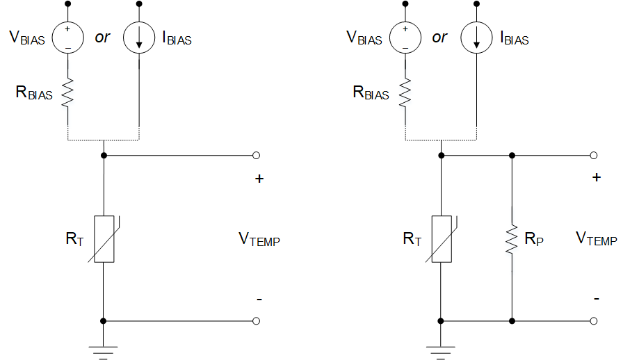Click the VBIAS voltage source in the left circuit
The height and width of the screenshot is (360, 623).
68,38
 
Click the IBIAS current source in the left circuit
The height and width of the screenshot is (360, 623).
139,38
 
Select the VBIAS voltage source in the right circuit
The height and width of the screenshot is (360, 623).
405,38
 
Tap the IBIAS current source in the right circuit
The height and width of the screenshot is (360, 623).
476,38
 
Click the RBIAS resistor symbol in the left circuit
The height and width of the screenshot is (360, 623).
68,92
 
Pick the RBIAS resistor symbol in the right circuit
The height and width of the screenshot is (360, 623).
405,92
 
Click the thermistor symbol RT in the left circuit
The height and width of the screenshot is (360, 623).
104,238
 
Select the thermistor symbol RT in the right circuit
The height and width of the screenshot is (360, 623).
441,238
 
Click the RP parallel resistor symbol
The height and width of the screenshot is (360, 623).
512,238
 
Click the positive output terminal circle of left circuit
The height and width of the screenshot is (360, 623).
256,156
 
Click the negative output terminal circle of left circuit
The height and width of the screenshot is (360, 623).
256,321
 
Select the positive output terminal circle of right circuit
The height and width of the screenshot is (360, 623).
593,156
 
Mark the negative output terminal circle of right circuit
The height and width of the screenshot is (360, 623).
593,321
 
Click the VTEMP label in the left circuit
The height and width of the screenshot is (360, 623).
259,240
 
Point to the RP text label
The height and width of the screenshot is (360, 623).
535,239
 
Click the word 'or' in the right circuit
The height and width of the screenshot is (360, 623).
439,38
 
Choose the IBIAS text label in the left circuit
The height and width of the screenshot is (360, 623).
177,39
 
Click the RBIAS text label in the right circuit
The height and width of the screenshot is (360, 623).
371,92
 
